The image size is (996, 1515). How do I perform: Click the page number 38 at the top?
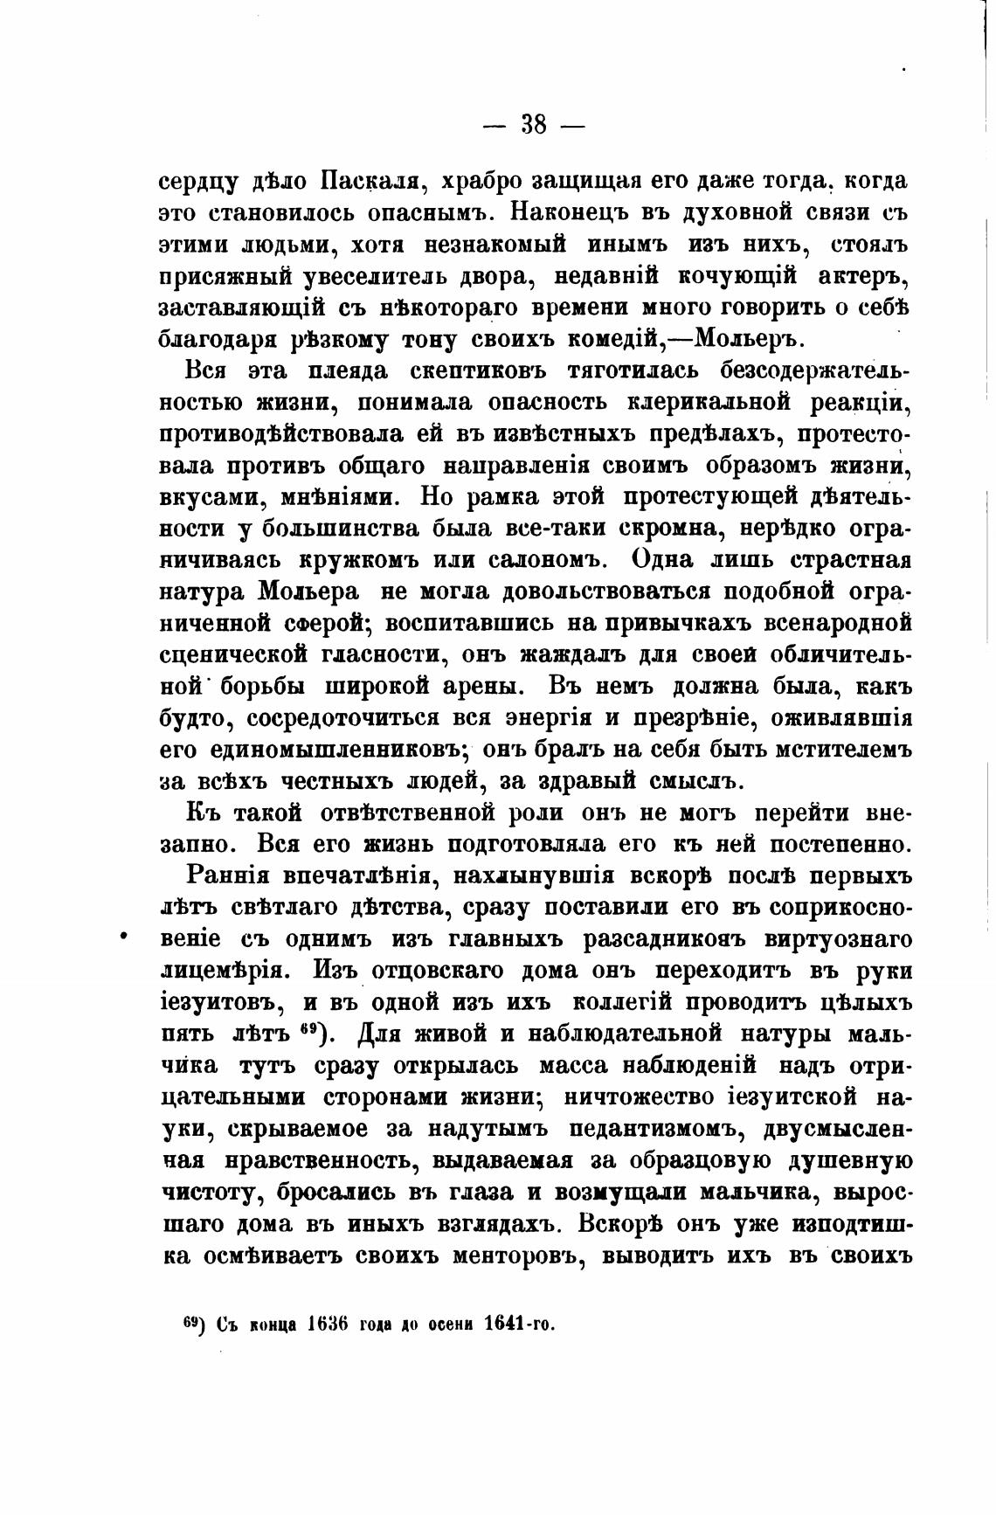[534, 125]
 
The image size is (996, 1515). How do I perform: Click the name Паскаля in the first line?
[373, 183]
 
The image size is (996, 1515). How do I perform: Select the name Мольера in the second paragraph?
[308, 591]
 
